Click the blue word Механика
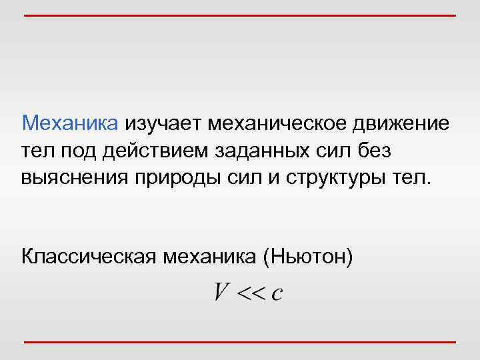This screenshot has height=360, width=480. (x=70, y=123)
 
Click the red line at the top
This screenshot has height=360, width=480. (x=240, y=15)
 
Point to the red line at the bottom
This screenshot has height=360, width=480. (x=240, y=342)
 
